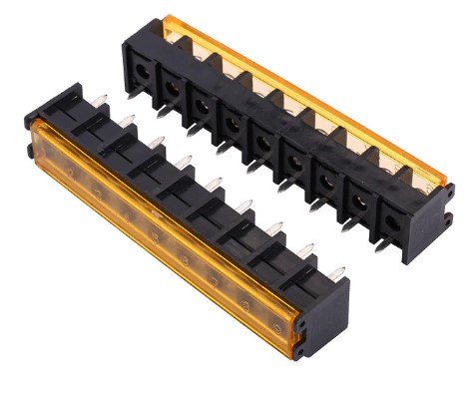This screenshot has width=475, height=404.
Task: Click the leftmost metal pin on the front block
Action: (100, 99)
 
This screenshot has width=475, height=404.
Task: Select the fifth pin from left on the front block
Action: (214, 184)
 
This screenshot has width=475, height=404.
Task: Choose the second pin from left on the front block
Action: (128, 121)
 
